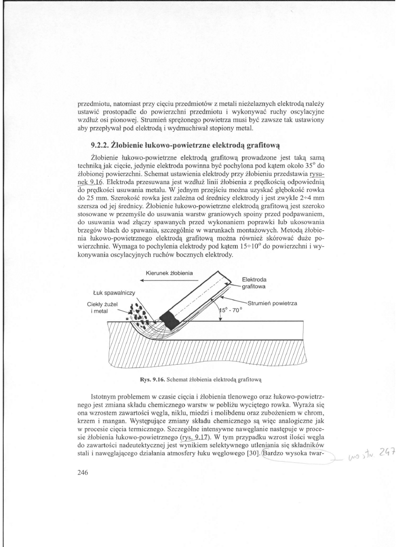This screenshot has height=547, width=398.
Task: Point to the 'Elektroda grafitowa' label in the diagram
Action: (x=257, y=282)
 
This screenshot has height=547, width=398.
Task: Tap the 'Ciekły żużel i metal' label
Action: (x=100, y=308)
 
